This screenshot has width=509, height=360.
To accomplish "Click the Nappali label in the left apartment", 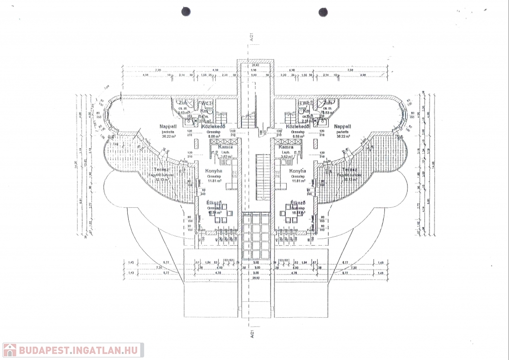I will click(166, 126).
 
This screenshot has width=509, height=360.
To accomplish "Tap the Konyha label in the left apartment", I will click(214, 172).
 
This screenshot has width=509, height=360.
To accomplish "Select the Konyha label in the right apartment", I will click(297, 172).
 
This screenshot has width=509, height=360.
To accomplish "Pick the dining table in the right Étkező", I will click(293, 213).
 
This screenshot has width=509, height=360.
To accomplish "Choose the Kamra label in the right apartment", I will click(286, 147).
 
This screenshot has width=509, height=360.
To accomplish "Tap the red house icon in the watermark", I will click(9, 350).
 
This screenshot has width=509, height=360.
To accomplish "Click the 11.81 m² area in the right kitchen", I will click(297, 181).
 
